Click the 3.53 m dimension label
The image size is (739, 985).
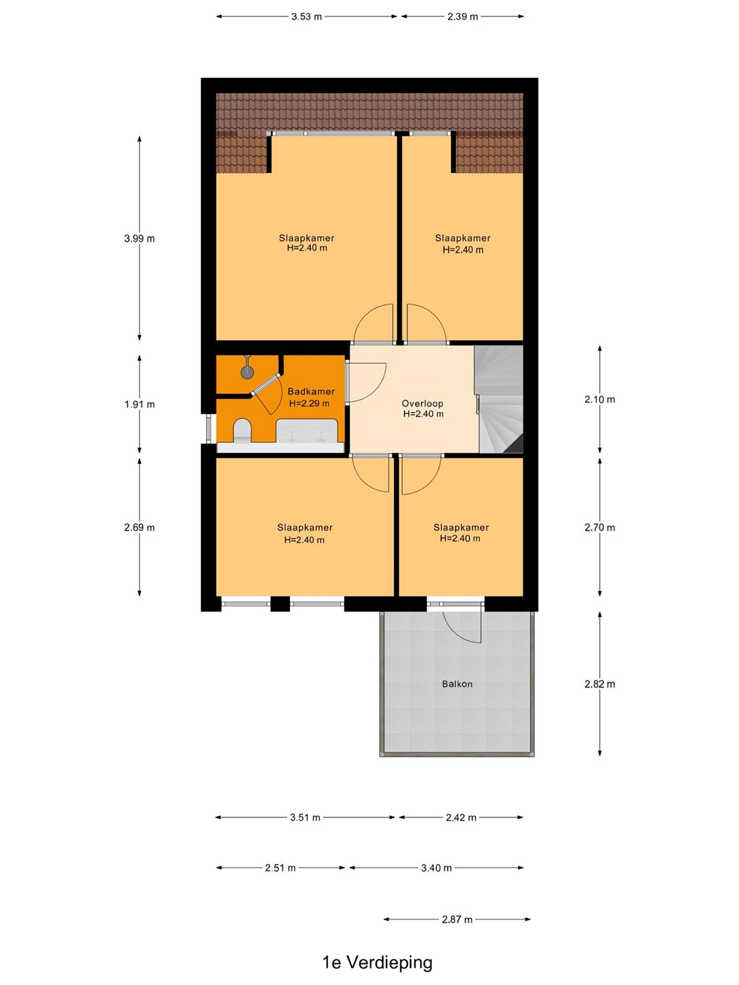307,16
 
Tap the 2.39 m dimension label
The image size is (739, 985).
462,16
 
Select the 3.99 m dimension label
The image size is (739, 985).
140,239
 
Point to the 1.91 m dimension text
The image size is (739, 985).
140,404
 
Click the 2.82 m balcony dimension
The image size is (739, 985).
599,684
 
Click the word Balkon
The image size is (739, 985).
457,684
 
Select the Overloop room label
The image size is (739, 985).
423,403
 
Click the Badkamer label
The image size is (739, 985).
311,391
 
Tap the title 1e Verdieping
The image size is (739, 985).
377,962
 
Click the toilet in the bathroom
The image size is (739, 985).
242,430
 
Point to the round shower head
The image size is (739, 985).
247,372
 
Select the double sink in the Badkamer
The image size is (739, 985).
307,431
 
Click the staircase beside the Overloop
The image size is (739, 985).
499,399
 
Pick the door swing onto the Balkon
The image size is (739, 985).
462,625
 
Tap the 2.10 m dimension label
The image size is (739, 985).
599,399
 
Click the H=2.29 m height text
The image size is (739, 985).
309,403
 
